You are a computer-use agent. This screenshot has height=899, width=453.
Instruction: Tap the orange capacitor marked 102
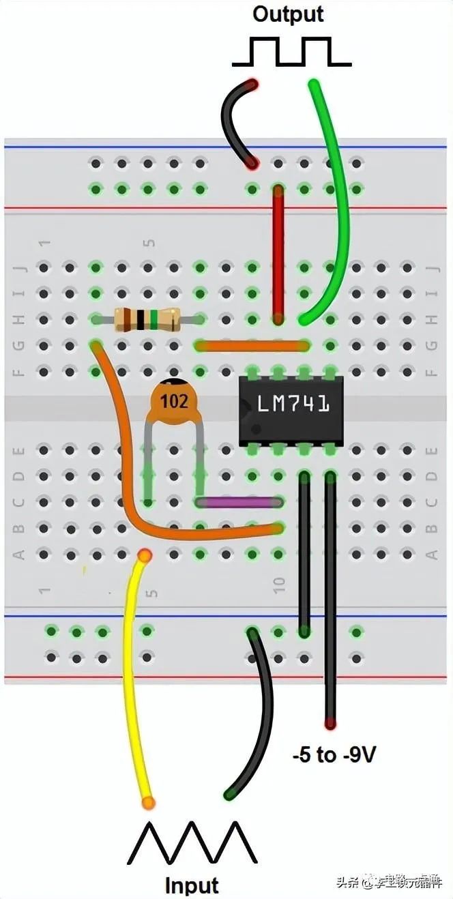coord(174,402)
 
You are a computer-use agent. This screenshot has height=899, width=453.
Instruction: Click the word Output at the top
coord(288,14)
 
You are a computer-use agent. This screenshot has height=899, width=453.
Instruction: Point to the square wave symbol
coord(292,53)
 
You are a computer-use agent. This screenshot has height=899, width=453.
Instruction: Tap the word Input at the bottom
coord(192,885)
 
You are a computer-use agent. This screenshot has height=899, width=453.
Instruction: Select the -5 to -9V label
coord(334,755)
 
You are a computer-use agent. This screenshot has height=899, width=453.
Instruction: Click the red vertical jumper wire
coord(278,252)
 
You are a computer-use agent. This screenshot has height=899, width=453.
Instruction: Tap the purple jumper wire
coord(239,503)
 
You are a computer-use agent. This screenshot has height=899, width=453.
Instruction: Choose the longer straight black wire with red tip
coord(331,600)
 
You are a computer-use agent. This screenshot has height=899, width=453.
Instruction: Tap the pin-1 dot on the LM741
coord(254,429)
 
